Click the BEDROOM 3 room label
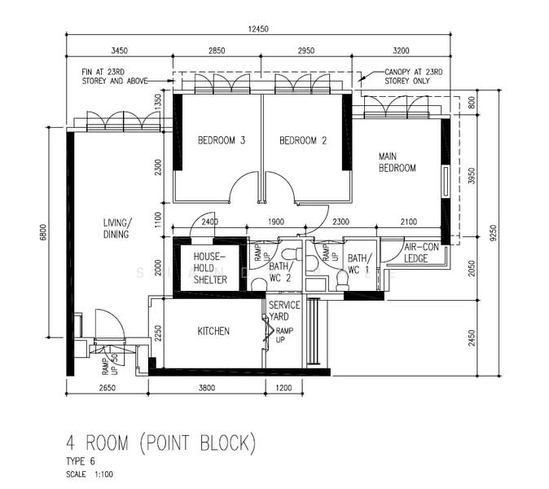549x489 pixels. [x=222, y=141]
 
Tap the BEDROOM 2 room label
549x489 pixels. [x=303, y=141]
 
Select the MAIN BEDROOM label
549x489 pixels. [x=397, y=162]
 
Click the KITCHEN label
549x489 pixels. [x=213, y=332]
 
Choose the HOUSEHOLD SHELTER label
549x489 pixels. [x=209, y=268]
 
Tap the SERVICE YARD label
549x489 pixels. [x=284, y=311]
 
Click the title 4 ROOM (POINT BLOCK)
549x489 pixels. [x=160, y=444]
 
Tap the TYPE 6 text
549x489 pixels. [x=81, y=461]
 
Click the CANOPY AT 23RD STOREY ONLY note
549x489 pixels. [x=415, y=77]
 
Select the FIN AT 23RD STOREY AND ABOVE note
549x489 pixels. [x=114, y=77]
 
